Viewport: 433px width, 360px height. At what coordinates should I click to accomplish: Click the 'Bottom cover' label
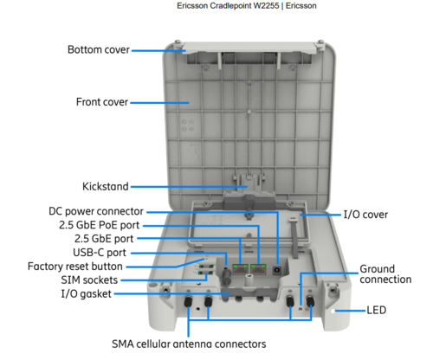click(99, 49)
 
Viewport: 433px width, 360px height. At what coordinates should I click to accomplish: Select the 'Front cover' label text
click(102, 102)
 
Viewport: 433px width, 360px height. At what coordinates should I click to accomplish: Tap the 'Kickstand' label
click(106, 186)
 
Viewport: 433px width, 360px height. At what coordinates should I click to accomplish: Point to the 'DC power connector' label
click(96, 211)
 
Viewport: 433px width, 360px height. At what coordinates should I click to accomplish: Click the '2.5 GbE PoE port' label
click(100, 225)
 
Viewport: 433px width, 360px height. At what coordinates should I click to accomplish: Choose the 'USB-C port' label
click(100, 253)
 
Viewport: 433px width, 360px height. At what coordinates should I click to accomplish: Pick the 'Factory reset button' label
click(75, 267)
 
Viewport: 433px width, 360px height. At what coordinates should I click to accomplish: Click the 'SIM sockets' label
click(89, 280)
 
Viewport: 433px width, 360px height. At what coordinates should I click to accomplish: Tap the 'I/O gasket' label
click(86, 294)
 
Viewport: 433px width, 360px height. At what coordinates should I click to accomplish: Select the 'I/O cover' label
click(365, 215)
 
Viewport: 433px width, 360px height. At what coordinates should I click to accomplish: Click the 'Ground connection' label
click(385, 274)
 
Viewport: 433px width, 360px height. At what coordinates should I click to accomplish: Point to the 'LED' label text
click(377, 311)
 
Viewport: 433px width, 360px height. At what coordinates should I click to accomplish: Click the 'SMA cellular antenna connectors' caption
click(189, 344)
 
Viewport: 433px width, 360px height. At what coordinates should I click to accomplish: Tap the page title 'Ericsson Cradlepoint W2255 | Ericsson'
click(247, 6)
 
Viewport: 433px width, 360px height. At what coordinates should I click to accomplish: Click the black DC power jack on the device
click(277, 270)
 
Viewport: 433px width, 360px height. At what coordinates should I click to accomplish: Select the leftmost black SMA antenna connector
click(188, 302)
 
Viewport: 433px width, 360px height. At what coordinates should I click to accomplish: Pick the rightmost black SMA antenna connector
click(310, 302)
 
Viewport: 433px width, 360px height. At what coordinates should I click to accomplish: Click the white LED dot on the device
click(333, 312)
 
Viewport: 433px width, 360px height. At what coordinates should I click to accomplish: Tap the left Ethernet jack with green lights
click(241, 269)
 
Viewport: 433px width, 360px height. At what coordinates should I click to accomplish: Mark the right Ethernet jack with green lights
click(258, 269)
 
